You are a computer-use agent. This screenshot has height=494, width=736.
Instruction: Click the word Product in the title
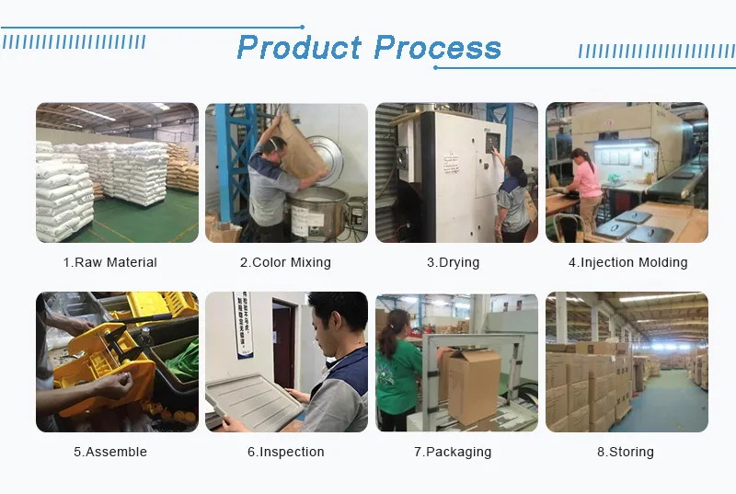tap(299, 48)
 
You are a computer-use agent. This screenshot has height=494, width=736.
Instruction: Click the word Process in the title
tap(438, 48)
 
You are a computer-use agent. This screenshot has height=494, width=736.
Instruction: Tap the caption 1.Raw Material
tap(110, 262)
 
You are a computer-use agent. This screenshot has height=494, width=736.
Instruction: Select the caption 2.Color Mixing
tap(285, 262)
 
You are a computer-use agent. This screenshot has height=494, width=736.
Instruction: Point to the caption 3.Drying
tap(453, 262)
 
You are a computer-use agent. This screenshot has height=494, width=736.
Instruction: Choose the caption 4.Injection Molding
tap(627, 262)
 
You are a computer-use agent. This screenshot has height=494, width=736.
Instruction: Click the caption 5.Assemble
tap(110, 452)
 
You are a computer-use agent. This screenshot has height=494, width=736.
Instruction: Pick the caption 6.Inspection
tap(285, 452)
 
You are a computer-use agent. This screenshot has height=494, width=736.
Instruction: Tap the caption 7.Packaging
tap(453, 452)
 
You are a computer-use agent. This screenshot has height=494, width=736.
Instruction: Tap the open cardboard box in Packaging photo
tap(471, 382)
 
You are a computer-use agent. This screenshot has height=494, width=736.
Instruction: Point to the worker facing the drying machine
tap(513, 198)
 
